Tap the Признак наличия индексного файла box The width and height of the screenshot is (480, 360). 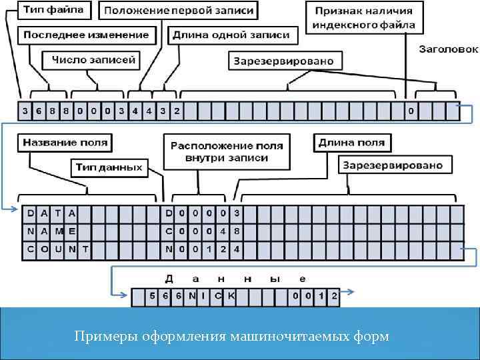tap(363, 18)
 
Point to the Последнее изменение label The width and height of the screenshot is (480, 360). tap(87, 35)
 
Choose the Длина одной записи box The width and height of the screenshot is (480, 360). tap(231, 35)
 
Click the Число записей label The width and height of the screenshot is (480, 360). tap(93, 60)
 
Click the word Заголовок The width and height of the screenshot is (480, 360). tap(449, 49)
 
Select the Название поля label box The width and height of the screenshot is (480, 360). tap(65, 142)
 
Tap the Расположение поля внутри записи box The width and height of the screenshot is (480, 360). tap(227, 151)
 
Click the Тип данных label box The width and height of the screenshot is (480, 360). tap(109, 167)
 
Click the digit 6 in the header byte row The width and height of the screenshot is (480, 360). tap(38, 111)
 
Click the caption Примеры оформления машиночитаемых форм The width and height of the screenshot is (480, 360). tap(231, 336)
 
